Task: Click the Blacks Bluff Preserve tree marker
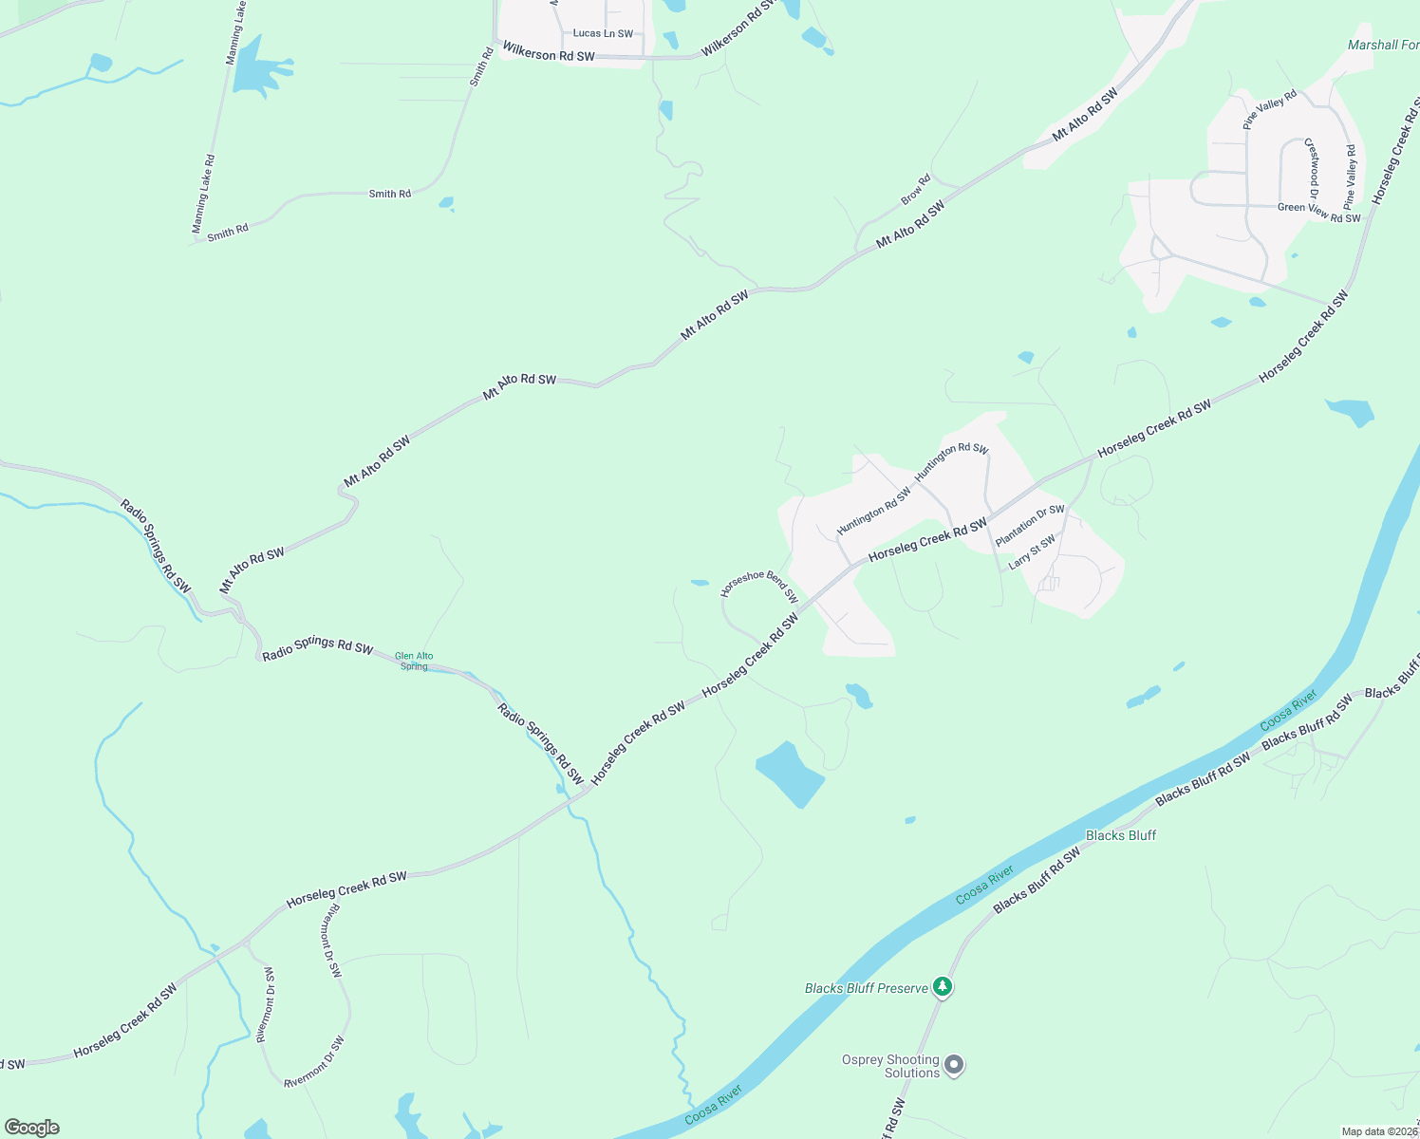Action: coord(942,987)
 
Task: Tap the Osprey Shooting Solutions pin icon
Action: coord(955,1065)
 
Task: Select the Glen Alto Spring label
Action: coord(414,661)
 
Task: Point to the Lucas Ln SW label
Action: coord(603,33)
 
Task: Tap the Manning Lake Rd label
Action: coord(204,195)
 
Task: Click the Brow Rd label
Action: coord(916,189)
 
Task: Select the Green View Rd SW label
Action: coord(1318,212)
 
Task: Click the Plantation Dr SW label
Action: coord(1030,525)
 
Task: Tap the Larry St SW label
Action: coord(1032,551)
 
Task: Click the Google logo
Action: coord(32,1128)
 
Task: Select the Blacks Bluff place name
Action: coord(1120,835)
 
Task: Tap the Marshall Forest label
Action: coord(1383,45)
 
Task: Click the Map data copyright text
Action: coord(1379,1131)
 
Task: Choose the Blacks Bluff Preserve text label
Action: coord(866,988)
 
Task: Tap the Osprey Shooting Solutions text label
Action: coord(890,1066)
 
